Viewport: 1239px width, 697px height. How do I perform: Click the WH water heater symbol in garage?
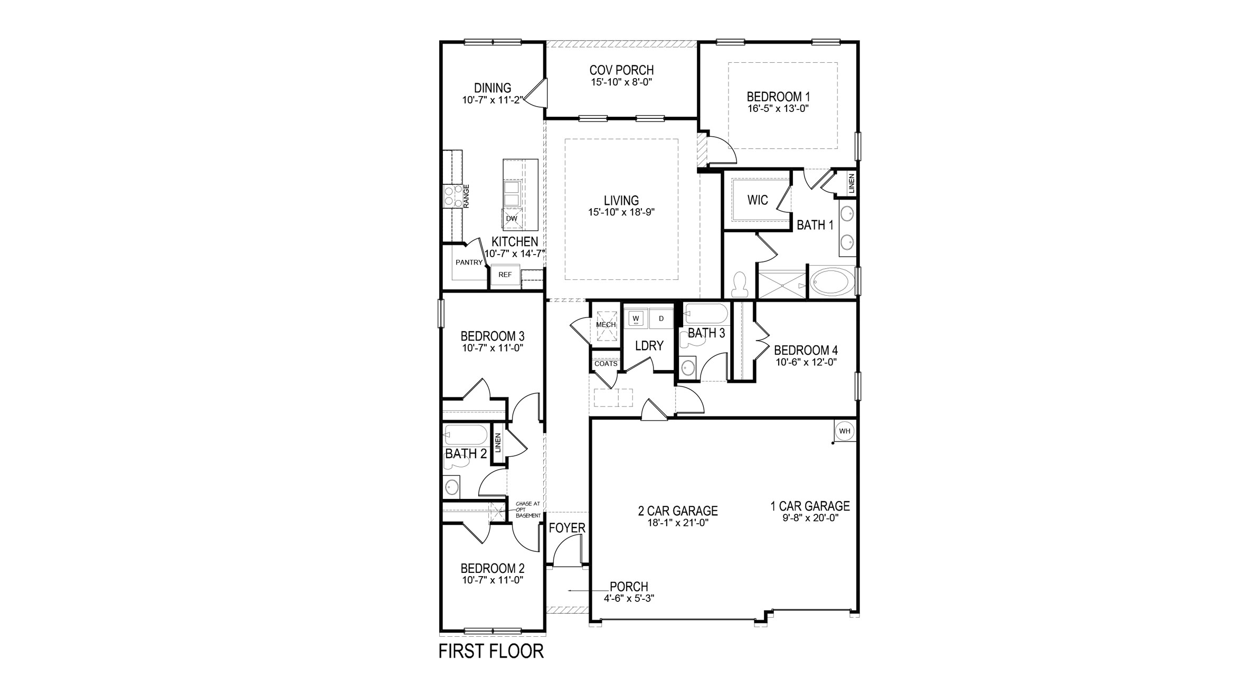pyautogui.click(x=845, y=431)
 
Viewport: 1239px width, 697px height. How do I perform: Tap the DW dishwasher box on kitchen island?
pyautogui.click(x=142, y=219)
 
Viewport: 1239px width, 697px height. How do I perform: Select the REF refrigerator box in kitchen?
pyautogui.click(x=505, y=275)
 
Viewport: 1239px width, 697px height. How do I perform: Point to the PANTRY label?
pyautogui.click(x=469, y=262)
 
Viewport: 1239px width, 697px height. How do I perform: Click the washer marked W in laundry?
pyautogui.click(x=636, y=319)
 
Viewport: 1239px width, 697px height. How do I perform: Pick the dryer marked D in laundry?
pyautogui.click(x=661, y=319)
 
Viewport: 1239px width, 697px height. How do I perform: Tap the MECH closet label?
pyautogui.click(x=606, y=325)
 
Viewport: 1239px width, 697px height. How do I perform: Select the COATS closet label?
pyautogui.click(x=606, y=364)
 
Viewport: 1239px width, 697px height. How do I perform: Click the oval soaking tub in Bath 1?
pyautogui.click(x=830, y=282)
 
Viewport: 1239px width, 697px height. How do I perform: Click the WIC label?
pyautogui.click(x=757, y=200)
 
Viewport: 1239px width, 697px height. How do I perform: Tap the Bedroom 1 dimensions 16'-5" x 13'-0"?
pyautogui.click(x=778, y=109)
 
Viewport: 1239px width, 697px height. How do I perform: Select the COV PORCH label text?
pyautogui.click(x=621, y=70)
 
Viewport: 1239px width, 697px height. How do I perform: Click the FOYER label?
pyautogui.click(x=567, y=528)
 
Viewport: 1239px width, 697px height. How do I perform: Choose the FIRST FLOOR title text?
pyautogui.click(x=491, y=652)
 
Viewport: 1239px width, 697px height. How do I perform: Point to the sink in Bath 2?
pyautogui.click(x=452, y=486)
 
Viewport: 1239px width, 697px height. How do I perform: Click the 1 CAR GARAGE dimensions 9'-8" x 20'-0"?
pyautogui.click(x=810, y=519)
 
